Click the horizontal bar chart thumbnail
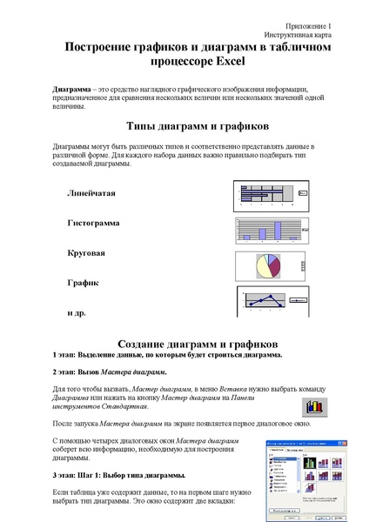pos(272,196)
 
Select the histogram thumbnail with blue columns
pos(272,231)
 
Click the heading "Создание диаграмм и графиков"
pos(184,338)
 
